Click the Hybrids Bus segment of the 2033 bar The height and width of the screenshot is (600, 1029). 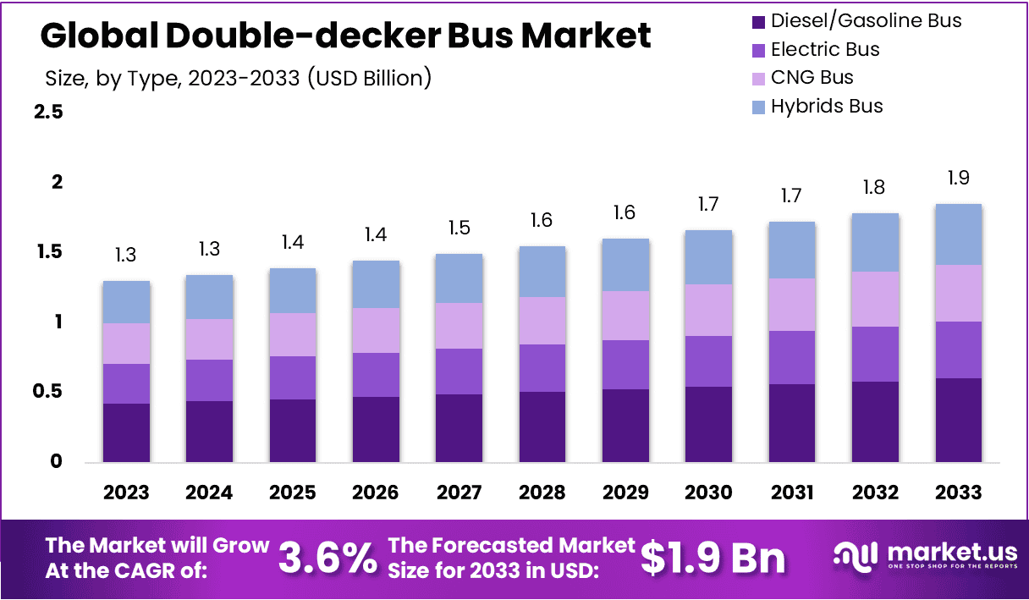[958, 234]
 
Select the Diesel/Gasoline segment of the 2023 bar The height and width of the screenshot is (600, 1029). [126, 432]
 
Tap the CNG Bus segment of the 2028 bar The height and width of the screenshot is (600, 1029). [542, 321]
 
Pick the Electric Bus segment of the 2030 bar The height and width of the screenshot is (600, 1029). [709, 361]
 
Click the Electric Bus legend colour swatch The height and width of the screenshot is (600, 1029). [758, 50]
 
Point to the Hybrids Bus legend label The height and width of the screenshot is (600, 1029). [827, 106]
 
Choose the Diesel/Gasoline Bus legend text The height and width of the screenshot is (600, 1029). [866, 21]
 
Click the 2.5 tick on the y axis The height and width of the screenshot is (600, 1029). [48, 112]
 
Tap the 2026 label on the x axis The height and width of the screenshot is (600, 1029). [376, 493]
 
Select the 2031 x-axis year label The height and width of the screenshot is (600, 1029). [792, 493]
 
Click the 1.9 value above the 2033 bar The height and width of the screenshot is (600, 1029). [958, 178]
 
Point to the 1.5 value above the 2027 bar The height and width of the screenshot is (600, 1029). [459, 228]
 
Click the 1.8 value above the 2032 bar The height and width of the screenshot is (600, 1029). [875, 187]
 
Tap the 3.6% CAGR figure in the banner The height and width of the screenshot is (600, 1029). [327, 558]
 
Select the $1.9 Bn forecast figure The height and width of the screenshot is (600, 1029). [713, 558]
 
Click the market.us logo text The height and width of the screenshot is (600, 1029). [945, 553]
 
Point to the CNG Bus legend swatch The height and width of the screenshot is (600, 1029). [758, 78]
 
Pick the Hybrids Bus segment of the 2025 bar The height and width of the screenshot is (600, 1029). [293, 290]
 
